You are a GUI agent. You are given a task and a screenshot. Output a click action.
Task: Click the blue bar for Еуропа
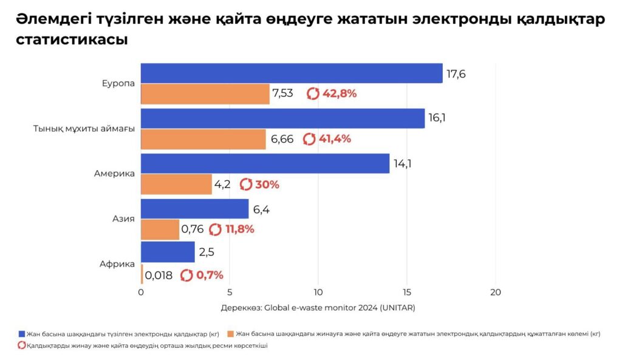click(x=292, y=73)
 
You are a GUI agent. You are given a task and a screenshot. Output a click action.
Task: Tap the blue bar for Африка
click(x=168, y=252)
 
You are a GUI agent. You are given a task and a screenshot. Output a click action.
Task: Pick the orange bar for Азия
click(x=160, y=229)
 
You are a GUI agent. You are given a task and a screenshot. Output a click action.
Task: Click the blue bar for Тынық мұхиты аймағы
click(x=282, y=118)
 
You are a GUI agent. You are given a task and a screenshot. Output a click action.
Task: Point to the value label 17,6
click(x=456, y=74)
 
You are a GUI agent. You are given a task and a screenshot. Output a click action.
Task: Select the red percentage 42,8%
click(x=339, y=93)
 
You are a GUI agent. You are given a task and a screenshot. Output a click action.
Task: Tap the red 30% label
click(x=267, y=185)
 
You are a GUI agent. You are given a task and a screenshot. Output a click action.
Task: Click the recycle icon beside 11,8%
click(x=215, y=229)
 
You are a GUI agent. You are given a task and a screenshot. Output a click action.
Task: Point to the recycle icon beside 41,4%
click(x=309, y=139)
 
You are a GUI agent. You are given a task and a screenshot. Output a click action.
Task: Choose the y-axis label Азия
click(x=124, y=219)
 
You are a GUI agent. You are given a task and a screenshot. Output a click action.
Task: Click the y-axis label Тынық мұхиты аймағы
click(x=84, y=129)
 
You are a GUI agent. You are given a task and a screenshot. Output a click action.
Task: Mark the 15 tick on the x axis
click(x=407, y=293)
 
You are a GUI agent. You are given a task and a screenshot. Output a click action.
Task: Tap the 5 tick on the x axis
click(x=229, y=293)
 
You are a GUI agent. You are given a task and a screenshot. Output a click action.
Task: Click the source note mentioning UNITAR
click(x=318, y=308)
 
